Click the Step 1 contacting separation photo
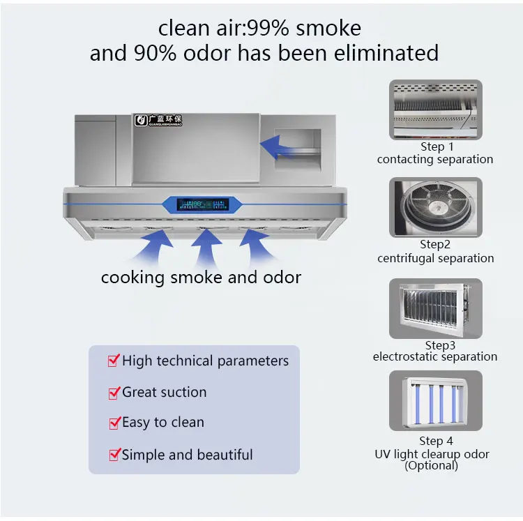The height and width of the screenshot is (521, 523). pyautogui.click(x=436, y=110)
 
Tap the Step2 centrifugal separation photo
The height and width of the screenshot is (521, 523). pyautogui.click(x=436, y=207)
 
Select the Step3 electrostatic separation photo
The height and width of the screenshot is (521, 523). pyautogui.click(x=436, y=308)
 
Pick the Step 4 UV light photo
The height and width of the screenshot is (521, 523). pyautogui.click(x=436, y=401)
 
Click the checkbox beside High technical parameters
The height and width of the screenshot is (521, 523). pyautogui.click(x=113, y=361)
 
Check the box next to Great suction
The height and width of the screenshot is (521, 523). pyautogui.click(x=113, y=393)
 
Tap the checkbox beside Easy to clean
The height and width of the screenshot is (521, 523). pyautogui.click(x=113, y=423)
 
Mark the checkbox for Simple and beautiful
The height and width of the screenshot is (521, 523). pyautogui.click(x=113, y=455)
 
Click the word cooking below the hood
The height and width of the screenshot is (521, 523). pyautogui.click(x=130, y=278)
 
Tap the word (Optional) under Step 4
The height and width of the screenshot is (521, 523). pyautogui.click(x=432, y=465)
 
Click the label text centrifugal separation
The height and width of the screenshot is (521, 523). pyautogui.click(x=435, y=258)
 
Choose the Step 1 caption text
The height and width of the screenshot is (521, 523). pyautogui.click(x=437, y=147)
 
